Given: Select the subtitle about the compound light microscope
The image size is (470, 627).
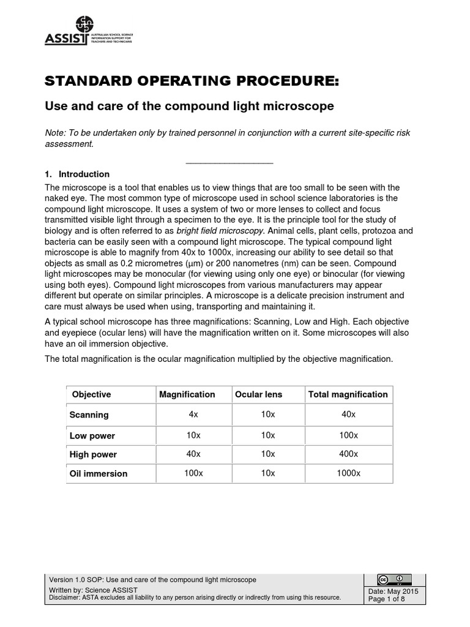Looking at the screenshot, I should [x=190, y=106].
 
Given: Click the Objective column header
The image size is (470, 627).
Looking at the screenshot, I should [x=92, y=394].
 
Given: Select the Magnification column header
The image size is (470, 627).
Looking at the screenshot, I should [x=187, y=394].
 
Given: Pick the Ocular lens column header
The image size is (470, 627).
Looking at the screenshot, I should [x=258, y=394].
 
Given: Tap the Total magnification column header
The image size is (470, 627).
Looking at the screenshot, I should [x=348, y=394].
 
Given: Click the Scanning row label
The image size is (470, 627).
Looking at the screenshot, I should [x=89, y=415].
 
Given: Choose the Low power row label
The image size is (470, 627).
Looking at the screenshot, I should [x=92, y=436].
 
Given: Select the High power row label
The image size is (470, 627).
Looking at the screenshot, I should [x=93, y=454].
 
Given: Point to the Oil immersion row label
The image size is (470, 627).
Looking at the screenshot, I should [x=99, y=473].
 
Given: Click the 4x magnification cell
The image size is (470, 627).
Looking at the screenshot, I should [x=193, y=414].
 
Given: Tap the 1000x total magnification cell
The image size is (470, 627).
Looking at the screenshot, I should [x=349, y=473].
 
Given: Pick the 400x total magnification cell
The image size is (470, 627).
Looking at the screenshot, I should [x=349, y=454].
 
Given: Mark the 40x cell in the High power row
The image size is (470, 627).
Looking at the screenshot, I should [x=193, y=454].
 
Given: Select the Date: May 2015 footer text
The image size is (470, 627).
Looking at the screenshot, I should [x=394, y=591].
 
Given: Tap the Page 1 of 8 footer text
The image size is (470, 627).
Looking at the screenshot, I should [x=387, y=599].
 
